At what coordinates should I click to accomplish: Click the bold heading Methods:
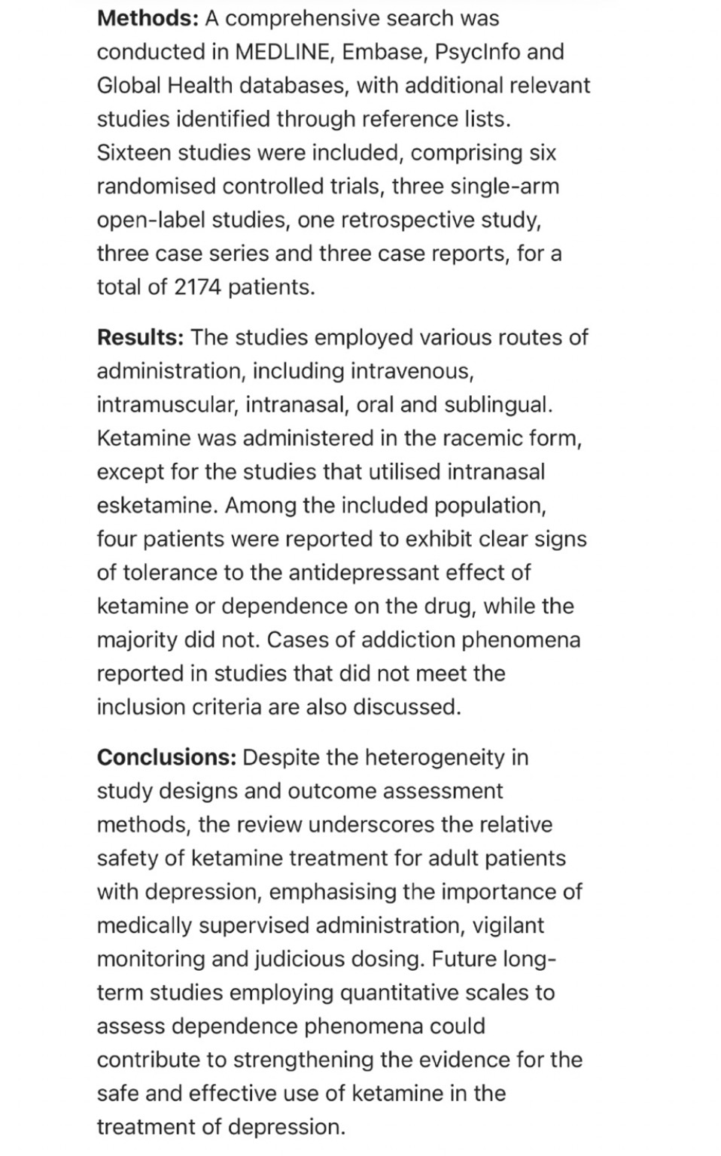point(147,18)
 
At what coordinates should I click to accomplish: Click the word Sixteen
point(132,153)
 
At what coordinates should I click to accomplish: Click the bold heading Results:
point(140,337)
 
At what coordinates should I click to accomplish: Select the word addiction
point(407,640)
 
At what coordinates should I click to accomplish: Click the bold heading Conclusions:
point(166,757)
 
